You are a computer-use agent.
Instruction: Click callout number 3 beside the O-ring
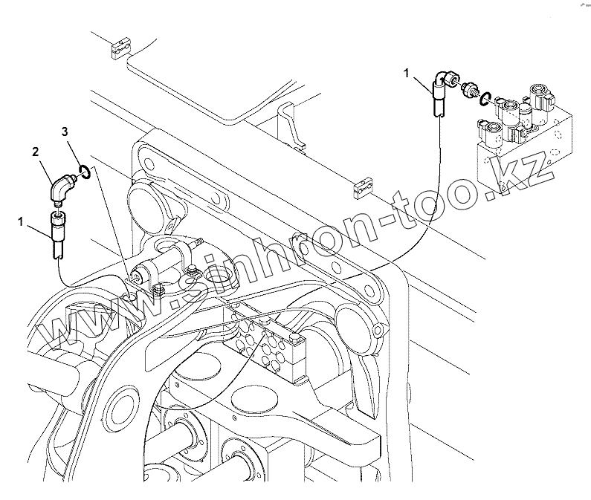click(x=65, y=132)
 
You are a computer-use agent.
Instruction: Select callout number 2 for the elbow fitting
click(x=34, y=150)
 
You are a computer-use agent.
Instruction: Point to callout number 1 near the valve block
click(x=407, y=72)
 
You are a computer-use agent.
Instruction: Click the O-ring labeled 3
click(x=85, y=172)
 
